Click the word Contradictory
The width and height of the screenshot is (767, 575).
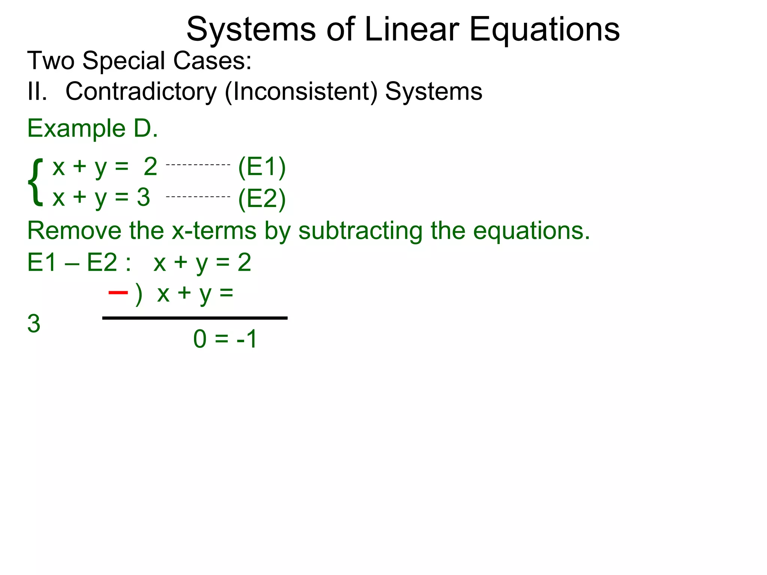[x=141, y=92]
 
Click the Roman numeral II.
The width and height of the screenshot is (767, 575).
[x=37, y=92]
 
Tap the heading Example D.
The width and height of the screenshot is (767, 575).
[x=93, y=128]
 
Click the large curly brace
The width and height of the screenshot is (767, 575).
[x=36, y=182]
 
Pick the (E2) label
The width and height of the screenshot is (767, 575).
[x=262, y=199]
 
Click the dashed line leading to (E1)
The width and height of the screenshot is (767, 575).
[x=198, y=165]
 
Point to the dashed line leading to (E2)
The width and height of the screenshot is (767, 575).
[x=198, y=197]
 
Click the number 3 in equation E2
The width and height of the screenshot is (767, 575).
[x=143, y=197]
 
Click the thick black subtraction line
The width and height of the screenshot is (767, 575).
[x=195, y=318]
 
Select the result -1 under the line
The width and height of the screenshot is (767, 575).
[x=246, y=339]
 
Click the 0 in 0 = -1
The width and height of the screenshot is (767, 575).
[x=200, y=339]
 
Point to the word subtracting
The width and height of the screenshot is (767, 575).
[x=360, y=231]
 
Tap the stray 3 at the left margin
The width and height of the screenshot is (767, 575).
[x=34, y=324]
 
